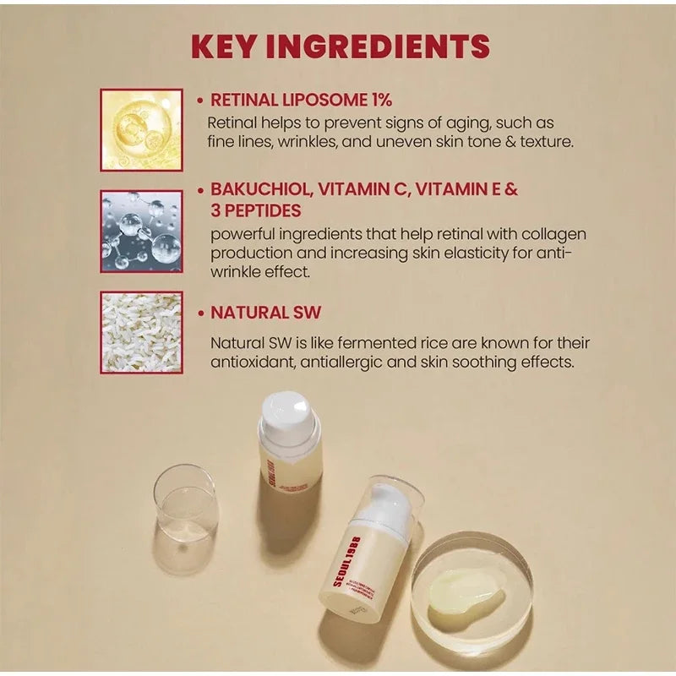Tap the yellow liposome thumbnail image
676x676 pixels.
pyautogui.click(x=141, y=130)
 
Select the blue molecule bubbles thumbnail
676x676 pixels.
pyautogui.click(x=141, y=231)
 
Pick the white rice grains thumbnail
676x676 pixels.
pyautogui.click(x=141, y=332)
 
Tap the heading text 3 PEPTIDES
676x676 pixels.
pyautogui.click(x=255, y=210)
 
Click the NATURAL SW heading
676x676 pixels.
pyautogui.click(x=265, y=313)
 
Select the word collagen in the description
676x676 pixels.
pyautogui.click(x=554, y=233)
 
